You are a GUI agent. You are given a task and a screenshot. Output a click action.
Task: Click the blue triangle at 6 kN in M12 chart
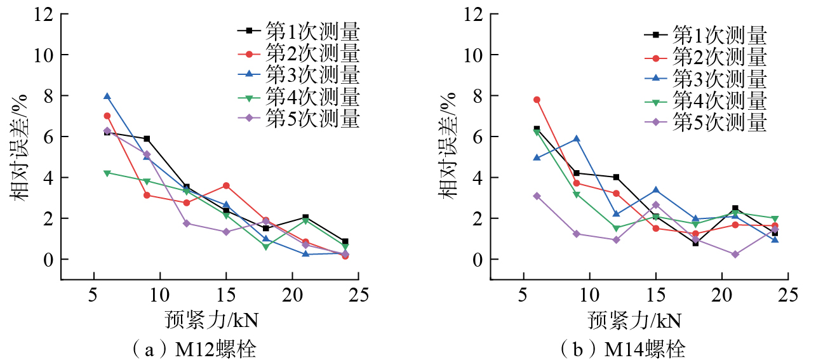[x=107, y=97]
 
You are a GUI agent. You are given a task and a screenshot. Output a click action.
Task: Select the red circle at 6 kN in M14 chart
[x=537, y=100]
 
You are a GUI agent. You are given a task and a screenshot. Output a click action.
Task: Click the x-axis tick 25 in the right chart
[x=788, y=295]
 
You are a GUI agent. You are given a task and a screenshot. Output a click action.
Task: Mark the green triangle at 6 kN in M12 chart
[x=107, y=173]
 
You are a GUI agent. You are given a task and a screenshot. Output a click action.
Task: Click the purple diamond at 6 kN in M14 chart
[x=537, y=196]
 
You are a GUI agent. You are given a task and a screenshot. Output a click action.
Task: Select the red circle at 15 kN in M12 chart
[x=226, y=185]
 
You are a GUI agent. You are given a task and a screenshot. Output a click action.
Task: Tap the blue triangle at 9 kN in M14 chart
[x=577, y=138]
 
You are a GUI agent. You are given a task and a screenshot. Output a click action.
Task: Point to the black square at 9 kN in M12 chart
[x=147, y=138]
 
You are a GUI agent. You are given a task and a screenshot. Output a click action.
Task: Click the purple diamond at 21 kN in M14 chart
[x=735, y=254]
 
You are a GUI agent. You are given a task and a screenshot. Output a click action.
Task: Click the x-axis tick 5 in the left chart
[x=94, y=295]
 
